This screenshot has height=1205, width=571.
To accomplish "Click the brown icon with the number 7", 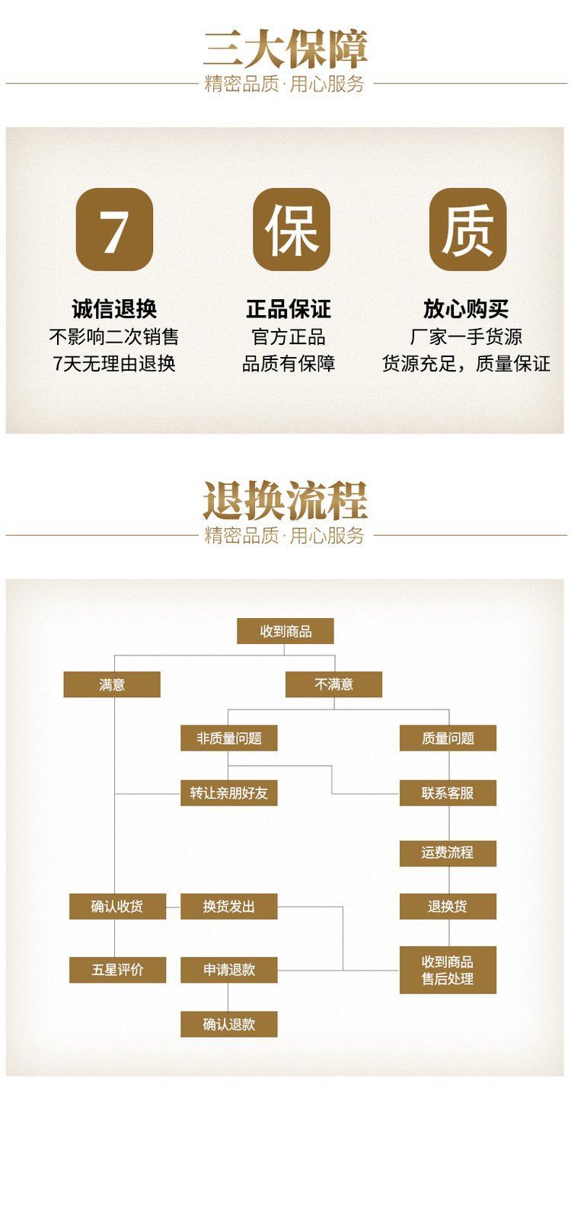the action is click(x=114, y=229).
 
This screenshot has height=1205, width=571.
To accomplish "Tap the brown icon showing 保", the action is click(x=291, y=229).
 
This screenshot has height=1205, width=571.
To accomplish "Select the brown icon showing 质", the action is click(x=467, y=229).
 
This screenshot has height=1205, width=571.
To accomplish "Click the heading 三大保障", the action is click(x=285, y=49).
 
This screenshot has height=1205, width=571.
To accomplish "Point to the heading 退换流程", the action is click(x=285, y=501).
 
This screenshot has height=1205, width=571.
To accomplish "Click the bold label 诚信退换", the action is click(x=114, y=309).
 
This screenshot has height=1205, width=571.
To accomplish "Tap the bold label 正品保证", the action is click(x=289, y=309).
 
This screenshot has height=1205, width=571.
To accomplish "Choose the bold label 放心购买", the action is click(x=466, y=309).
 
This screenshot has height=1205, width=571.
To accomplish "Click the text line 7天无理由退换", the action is click(x=114, y=364).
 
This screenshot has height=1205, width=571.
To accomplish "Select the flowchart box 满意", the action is click(x=112, y=684).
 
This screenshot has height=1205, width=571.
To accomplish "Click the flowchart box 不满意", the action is click(x=333, y=684).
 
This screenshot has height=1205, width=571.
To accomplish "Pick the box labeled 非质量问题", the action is click(x=228, y=738).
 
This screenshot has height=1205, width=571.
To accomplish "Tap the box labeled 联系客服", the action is click(x=448, y=793).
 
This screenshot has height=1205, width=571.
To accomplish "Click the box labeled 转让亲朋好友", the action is click(x=228, y=793).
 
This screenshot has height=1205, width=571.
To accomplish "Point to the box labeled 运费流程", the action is click(x=448, y=853).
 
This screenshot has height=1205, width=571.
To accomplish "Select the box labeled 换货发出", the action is click(x=228, y=907).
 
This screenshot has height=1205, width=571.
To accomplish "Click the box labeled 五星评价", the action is click(x=117, y=970).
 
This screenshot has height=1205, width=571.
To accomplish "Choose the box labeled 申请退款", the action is click(x=228, y=970).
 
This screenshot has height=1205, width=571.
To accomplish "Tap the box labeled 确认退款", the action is click(x=228, y=1025).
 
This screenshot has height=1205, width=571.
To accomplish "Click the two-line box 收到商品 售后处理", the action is click(x=448, y=970).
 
